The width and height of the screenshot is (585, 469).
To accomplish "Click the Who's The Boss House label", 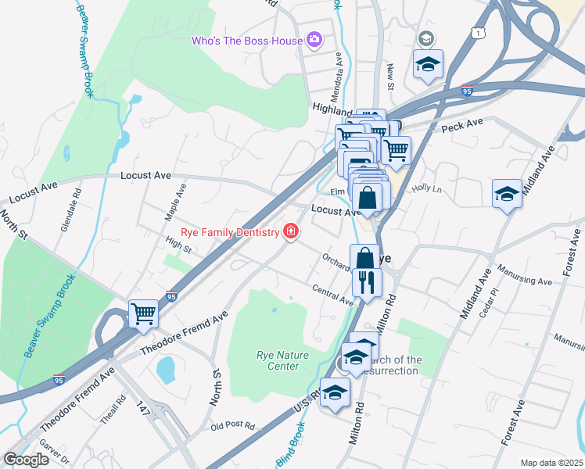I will click(247, 41).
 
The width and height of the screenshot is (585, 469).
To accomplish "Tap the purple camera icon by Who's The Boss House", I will click(314, 38).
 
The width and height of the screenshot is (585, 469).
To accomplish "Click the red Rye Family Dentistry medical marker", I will click(291, 231).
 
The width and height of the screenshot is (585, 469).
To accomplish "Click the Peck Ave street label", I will click(462, 125).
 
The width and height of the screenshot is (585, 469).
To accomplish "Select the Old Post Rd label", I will click(233, 427).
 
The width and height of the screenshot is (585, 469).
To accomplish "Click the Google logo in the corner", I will click(25, 460).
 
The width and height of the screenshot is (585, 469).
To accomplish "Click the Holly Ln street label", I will click(427, 189).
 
